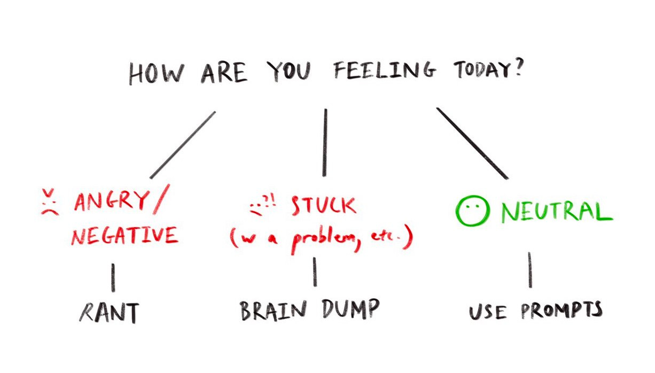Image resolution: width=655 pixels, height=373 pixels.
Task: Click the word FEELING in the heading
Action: pos(385,72)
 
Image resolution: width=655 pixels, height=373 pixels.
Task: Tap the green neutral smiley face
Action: pos(471,211)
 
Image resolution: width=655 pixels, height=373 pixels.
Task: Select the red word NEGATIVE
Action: pos(124,235)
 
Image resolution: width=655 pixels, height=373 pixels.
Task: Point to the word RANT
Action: pos(108,313)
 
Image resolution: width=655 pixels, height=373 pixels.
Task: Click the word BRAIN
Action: pos(272,310)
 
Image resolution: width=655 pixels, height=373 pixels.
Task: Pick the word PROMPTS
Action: pos(562,310)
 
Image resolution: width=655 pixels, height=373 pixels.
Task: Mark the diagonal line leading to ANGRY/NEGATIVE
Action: pos(183,145)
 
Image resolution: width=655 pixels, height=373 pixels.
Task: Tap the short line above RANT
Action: pos(113,277)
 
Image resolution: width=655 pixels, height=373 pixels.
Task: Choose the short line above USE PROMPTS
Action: pos(530,270)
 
